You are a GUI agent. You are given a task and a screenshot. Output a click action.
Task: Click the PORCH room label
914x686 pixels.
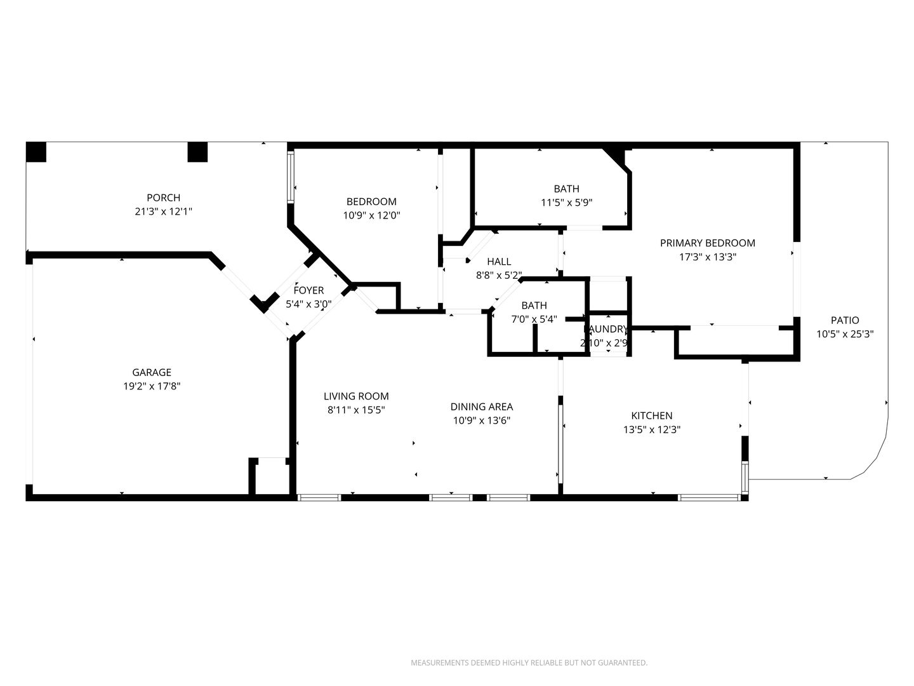163,198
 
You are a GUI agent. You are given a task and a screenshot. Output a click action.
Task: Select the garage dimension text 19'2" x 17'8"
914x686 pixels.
152,386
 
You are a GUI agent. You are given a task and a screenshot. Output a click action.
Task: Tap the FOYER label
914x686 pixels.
308,290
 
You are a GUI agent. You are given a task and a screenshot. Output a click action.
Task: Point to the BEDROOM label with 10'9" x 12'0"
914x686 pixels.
371,201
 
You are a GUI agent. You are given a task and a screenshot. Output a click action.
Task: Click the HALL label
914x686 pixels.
499,262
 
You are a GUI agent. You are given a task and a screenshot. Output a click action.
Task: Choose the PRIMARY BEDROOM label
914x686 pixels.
708,243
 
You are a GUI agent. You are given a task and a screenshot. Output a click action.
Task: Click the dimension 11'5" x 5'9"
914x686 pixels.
566,203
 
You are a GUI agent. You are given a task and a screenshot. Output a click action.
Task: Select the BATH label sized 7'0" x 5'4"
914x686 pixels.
534,306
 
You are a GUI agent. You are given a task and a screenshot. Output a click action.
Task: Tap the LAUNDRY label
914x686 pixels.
606,329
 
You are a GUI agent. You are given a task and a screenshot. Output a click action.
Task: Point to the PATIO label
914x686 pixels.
845,320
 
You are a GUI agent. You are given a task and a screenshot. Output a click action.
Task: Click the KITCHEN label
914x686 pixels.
652,415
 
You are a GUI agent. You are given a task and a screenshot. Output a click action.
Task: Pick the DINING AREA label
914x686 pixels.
482,407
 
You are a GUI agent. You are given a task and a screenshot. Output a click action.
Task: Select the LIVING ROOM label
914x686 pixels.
356,396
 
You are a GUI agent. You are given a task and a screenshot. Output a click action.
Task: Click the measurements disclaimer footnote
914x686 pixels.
529,662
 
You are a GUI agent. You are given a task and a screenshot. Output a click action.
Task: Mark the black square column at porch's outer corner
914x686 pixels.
36,152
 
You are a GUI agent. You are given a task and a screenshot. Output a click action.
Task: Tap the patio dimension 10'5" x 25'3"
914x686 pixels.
845,334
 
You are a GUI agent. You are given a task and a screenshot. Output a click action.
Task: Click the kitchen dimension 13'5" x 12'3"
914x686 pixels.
652,429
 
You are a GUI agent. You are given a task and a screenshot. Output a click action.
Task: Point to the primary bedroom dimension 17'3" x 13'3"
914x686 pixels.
708,257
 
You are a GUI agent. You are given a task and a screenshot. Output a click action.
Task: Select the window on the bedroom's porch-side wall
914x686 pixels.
291,177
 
